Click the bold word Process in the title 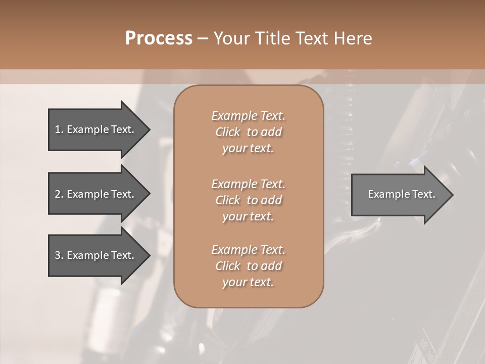coord(159,38)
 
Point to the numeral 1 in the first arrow coord(58,129)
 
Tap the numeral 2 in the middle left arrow coord(58,194)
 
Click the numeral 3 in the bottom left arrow coord(58,255)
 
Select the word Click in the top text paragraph coord(228,132)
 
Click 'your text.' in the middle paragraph coord(248,216)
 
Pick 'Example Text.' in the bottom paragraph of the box coord(248,250)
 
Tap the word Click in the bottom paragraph coord(228,266)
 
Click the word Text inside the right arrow coord(423,194)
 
